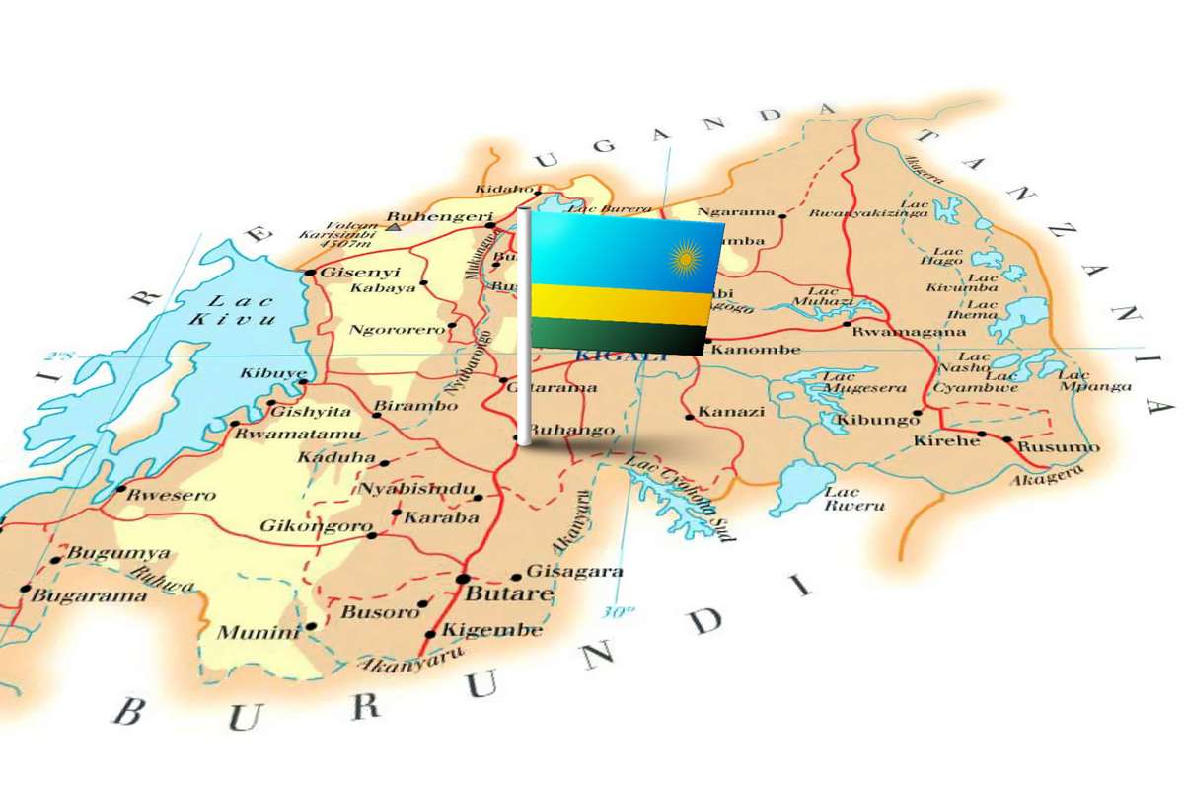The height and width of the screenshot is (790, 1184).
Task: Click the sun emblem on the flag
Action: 684,261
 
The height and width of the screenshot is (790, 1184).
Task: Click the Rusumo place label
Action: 1058,447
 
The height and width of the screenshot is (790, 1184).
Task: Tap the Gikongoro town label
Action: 316,526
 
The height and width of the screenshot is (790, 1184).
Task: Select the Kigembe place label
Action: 491,630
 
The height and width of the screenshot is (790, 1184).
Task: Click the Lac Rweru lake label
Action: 842,499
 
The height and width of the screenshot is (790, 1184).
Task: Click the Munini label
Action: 259,633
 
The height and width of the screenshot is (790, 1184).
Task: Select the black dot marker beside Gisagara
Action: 516,578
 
